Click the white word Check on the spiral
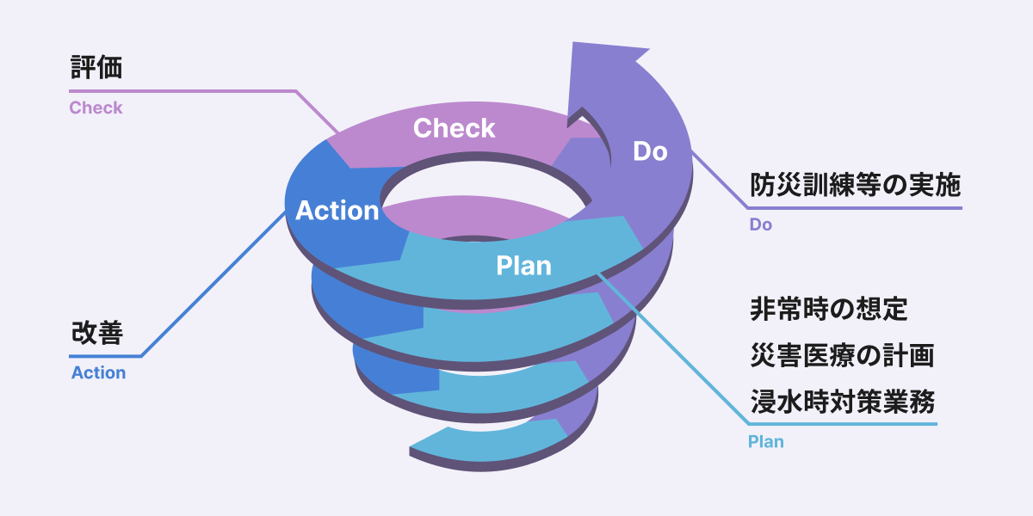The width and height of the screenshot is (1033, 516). (x=454, y=129)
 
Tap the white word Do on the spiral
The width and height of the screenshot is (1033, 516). (x=650, y=151)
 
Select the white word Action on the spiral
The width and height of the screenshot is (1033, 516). (x=337, y=211)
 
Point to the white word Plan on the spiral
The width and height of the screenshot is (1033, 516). (x=523, y=266)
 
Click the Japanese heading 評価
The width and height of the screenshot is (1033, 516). (x=96, y=68)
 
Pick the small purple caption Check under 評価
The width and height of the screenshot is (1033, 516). (x=96, y=108)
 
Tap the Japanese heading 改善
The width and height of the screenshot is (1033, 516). (x=96, y=334)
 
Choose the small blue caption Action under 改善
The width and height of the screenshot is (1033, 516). (x=98, y=373)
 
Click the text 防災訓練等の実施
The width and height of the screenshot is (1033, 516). (x=854, y=185)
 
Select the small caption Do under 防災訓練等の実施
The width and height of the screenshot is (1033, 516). (x=760, y=225)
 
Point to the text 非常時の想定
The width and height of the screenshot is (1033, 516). (x=828, y=308)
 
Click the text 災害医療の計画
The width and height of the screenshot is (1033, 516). (x=841, y=354)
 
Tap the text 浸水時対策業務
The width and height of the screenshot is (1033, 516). (x=841, y=401)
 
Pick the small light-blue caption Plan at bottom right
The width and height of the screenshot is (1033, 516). (x=765, y=442)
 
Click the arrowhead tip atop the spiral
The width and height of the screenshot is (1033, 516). (x=575, y=45)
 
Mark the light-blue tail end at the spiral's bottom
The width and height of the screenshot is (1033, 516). (x=417, y=447)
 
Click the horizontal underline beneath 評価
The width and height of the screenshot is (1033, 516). (x=181, y=90)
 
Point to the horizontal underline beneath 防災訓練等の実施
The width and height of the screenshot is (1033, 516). (x=852, y=207)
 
